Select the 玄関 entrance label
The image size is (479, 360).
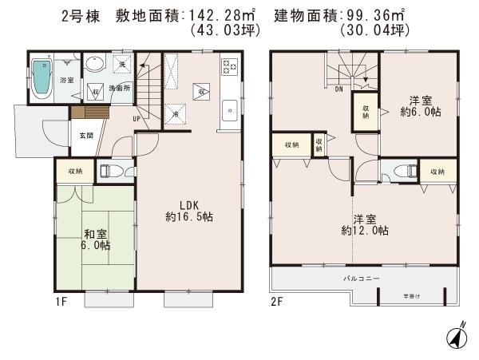tap(85, 136)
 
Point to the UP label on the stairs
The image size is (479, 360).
tap(137, 119)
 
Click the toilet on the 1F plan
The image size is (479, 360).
tap(111, 170)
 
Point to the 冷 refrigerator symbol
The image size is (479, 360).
tap(175, 116)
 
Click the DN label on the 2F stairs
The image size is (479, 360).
tap(338, 89)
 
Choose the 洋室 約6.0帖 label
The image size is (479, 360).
tap(421, 106)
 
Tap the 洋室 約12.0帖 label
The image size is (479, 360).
tap(364, 224)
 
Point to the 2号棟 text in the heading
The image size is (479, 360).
tap(81, 15)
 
